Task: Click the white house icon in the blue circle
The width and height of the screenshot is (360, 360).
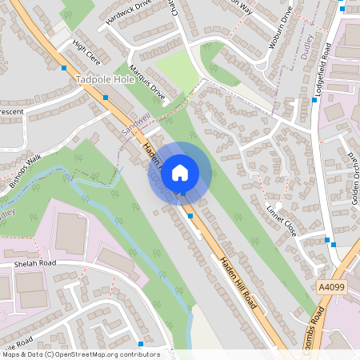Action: click(180, 172)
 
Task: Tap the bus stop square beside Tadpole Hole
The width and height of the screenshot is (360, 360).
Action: click(106, 98)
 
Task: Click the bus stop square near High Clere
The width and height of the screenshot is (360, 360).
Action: click(64, 67)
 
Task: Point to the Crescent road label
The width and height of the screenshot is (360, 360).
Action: click(11, 111)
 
